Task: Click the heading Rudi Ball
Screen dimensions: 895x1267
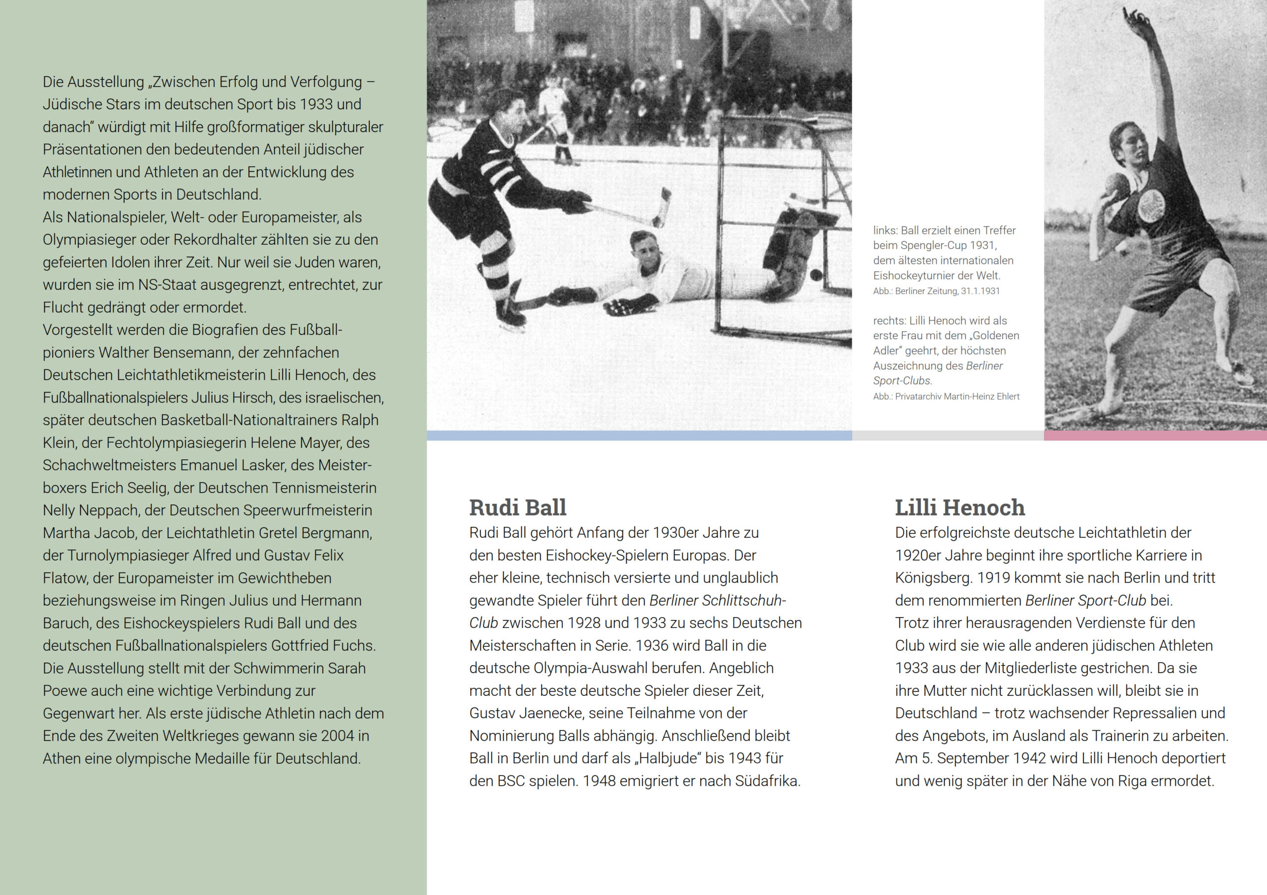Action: (518, 507)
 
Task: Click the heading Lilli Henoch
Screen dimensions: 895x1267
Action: (960, 507)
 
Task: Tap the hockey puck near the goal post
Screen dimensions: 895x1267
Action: (816, 274)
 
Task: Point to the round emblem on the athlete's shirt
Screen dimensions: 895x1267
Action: (1152, 206)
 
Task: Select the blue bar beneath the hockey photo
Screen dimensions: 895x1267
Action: (639, 436)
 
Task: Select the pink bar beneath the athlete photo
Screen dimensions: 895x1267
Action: (1155, 436)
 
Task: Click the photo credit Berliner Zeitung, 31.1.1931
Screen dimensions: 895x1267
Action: (936, 291)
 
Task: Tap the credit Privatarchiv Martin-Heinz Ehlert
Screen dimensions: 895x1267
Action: (946, 397)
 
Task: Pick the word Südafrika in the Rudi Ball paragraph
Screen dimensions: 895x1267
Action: (767, 781)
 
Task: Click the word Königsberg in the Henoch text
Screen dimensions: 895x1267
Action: (932, 578)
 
